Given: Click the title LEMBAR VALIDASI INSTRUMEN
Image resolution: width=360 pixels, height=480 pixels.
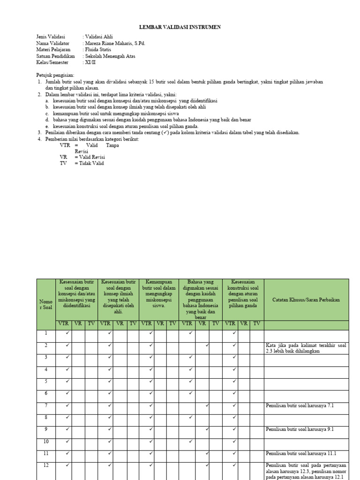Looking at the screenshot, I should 180,28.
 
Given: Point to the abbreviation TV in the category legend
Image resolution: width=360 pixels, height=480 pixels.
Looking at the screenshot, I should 63,163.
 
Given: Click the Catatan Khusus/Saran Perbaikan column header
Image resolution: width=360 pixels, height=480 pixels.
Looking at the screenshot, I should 306,300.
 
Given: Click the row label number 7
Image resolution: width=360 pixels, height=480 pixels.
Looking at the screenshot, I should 46,405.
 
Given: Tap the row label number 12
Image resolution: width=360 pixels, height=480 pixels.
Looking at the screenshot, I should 46,465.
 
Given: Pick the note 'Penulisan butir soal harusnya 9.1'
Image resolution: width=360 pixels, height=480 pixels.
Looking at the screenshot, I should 299,429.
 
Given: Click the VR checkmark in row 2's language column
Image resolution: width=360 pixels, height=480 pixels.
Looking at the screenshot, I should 207,345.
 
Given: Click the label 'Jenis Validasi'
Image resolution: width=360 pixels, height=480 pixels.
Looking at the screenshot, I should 51,37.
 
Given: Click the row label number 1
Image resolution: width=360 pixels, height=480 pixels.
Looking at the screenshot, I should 46,333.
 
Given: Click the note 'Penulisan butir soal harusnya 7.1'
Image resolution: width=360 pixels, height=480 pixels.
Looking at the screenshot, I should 299,405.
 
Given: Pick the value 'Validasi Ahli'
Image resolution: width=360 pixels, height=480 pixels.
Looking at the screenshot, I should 98,37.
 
